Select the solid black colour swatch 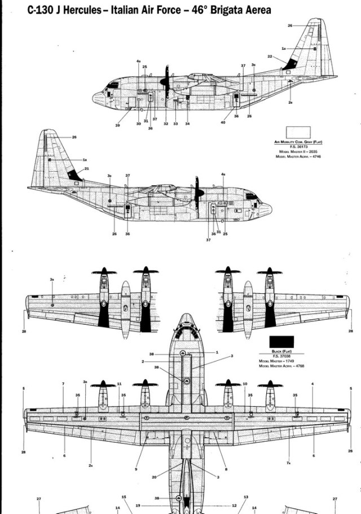pyautogui.click(x=281, y=342)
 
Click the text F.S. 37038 pyautogui.click(x=281, y=356)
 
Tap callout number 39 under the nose pyautogui.click(x=117, y=125)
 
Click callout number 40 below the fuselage pyautogui.click(x=223, y=123)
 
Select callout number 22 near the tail pyautogui.click(x=270, y=56)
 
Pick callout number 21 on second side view pyautogui.click(x=86, y=169)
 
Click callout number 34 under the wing pyautogui.click(x=187, y=124)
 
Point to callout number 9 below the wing pyautogui.click(x=136, y=469)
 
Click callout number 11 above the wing pyautogui.click(x=119, y=384)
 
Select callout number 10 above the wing pyautogui.click(x=245, y=384)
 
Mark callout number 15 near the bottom pyautogui.click(x=124, y=497)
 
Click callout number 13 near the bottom pyautogui.click(x=246, y=497)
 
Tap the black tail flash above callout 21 pyautogui.click(x=74, y=175)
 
